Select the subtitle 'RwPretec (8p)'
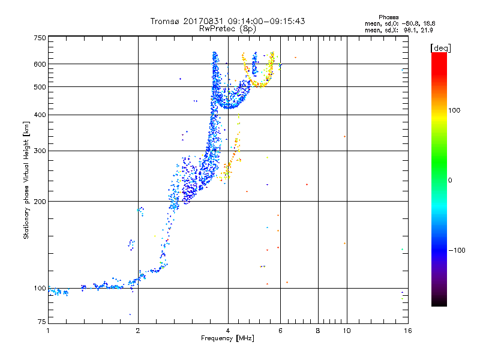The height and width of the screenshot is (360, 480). [x=228, y=28]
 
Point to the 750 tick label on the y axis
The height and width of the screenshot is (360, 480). [x=40, y=38]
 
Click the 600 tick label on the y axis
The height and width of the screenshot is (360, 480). [x=40, y=64]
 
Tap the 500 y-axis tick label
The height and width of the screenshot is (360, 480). [x=40, y=86]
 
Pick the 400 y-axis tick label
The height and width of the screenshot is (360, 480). [x=40, y=115]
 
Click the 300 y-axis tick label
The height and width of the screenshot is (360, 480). [x=40, y=151]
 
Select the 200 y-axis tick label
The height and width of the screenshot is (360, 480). [x=40, y=201]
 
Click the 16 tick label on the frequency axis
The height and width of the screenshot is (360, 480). [x=407, y=331]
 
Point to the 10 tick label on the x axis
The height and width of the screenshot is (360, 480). [x=346, y=331]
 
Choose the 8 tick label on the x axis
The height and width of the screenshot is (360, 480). [x=318, y=331]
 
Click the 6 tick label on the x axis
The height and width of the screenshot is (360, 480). [x=280, y=331]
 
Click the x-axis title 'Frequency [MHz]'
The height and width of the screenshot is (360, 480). [x=227, y=339]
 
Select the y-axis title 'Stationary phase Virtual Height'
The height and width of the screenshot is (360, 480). [x=26, y=180]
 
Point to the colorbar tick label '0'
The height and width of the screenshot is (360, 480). [x=451, y=180]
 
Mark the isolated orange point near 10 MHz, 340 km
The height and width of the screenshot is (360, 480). [x=344, y=137]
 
